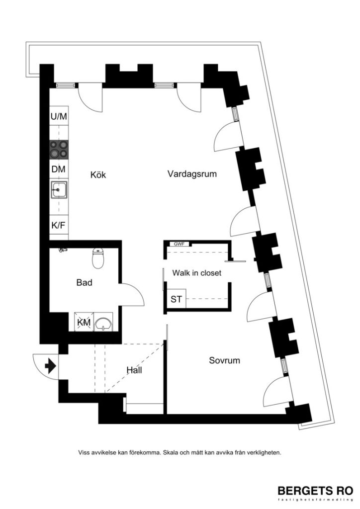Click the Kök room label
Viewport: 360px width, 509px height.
[98, 175]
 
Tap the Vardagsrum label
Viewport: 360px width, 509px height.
[192, 174]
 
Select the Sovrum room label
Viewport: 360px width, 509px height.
[224, 360]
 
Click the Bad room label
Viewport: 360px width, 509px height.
[85, 283]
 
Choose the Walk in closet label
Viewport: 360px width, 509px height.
[196, 273]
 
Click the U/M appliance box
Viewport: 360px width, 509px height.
[59, 117]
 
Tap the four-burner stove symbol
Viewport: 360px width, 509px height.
[59, 148]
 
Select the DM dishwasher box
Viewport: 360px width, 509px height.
[59, 170]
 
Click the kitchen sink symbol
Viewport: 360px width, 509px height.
[59, 189]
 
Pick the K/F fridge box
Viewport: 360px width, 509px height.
[59, 225]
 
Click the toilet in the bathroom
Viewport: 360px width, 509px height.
[98, 258]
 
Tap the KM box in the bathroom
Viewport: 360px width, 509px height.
[83, 323]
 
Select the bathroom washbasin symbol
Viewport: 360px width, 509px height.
[104, 324]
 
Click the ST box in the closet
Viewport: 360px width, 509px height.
[176, 299]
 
